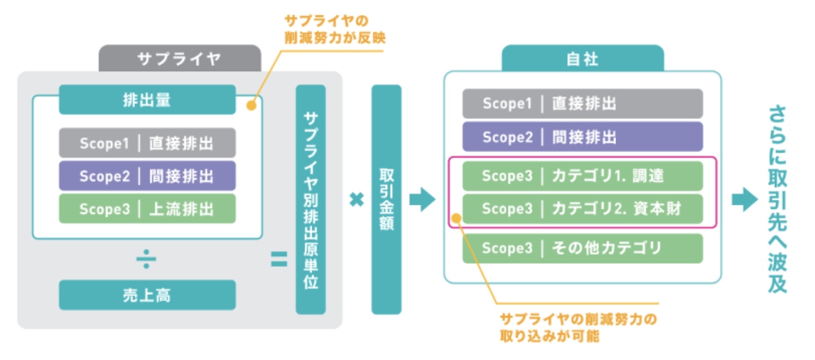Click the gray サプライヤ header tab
coord(180,58)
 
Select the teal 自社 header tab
coord(583,58)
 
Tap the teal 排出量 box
coord(147,100)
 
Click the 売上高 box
coord(147,295)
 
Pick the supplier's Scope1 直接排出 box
coord(147,143)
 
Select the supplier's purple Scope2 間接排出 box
coord(147,176)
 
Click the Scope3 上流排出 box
coord(147,209)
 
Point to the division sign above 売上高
coord(146,259)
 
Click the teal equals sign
coord(279,259)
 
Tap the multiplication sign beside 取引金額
coord(357,200)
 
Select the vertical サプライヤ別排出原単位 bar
coord(311,200)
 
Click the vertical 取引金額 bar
coord(386,200)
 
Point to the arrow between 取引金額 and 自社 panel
coord(422,200)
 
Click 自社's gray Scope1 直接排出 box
coord(583,104)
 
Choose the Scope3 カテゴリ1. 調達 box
coord(583,176)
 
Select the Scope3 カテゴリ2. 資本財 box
coord(583,209)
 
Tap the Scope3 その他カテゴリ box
coord(583,248)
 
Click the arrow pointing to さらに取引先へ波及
coord(745,200)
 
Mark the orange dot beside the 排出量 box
coord(251,105)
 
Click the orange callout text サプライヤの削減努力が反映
coord(335,29)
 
